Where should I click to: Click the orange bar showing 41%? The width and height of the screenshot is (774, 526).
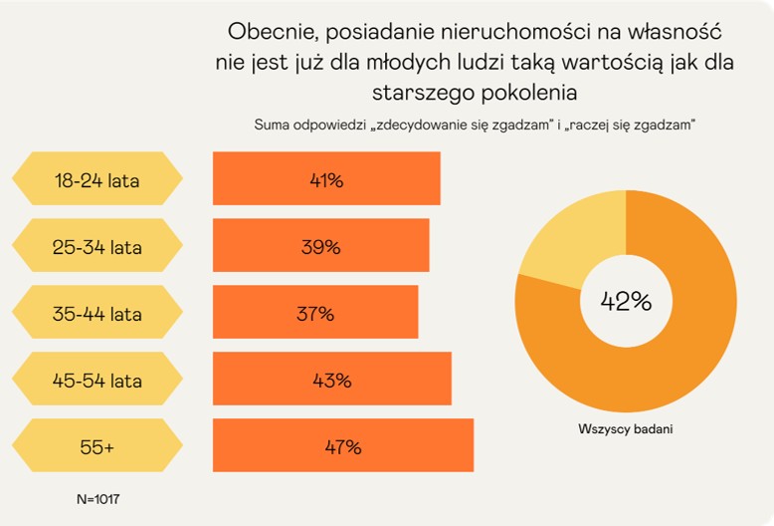click(x=326, y=179)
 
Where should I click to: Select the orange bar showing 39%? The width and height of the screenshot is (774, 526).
click(x=320, y=246)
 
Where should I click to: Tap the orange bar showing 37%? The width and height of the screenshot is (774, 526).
click(x=315, y=313)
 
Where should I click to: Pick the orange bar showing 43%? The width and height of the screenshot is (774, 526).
click(x=331, y=379)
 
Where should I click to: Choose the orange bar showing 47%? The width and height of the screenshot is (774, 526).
click(x=342, y=445)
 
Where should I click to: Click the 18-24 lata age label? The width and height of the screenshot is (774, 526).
click(x=97, y=180)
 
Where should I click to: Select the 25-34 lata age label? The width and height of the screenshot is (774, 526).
click(x=97, y=247)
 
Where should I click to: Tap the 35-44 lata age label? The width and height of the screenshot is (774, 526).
click(x=97, y=314)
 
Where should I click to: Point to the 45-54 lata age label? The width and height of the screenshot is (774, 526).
click(x=97, y=380)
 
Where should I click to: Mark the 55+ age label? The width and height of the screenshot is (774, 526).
click(x=97, y=447)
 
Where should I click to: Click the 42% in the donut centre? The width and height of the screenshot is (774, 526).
click(x=626, y=301)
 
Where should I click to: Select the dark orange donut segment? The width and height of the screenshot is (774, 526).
click(x=686, y=329)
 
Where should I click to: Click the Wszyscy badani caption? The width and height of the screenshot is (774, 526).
click(x=626, y=429)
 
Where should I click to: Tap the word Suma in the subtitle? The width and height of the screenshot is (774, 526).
click(x=273, y=125)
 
